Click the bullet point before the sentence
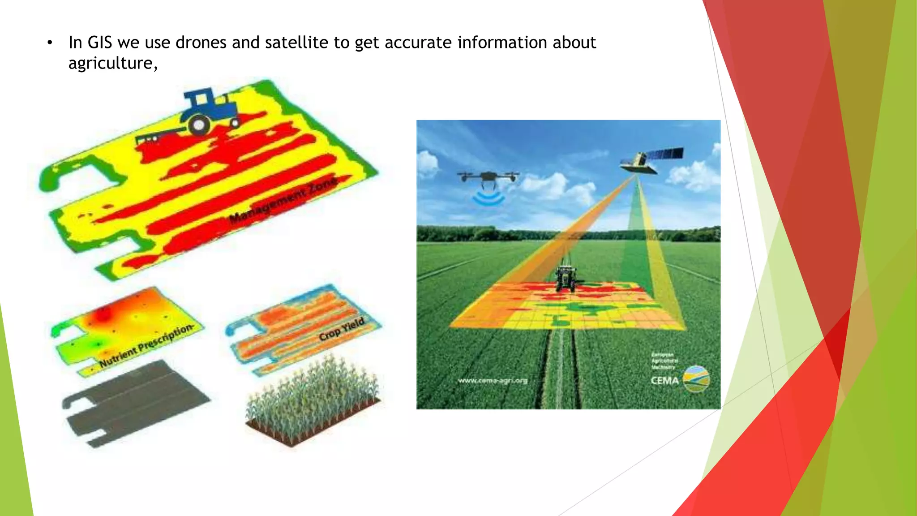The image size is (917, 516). click(50, 43)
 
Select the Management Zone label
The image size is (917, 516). click(283, 201)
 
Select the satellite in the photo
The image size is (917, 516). click(651, 160)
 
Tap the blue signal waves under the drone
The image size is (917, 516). click(488, 198)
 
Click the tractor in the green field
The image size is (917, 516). click(566, 278)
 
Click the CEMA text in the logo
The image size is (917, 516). click(664, 381)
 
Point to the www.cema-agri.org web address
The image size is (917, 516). click(493, 381)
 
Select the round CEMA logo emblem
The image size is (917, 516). click(696, 379)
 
